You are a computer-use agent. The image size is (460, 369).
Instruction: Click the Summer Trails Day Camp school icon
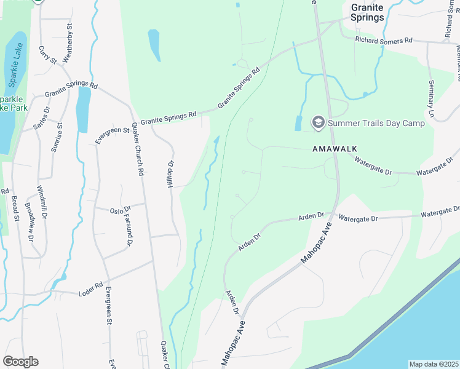[319, 123]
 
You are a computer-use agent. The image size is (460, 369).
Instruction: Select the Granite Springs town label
[367, 12]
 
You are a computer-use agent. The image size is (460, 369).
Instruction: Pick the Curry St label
[47, 54]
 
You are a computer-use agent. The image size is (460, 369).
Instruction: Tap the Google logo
[20, 362]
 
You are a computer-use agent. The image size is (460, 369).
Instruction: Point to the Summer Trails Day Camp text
[376, 123]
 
